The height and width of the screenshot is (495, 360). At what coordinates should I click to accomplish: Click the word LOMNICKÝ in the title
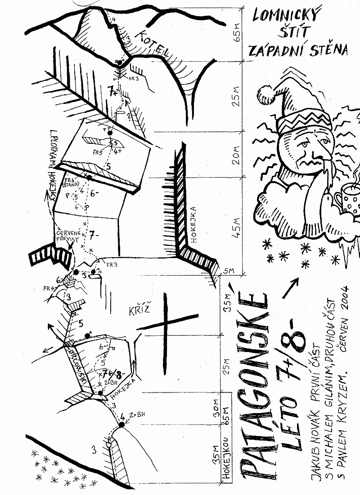click(x=287, y=18)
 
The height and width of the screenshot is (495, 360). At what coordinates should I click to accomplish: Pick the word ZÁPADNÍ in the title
click(x=279, y=51)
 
